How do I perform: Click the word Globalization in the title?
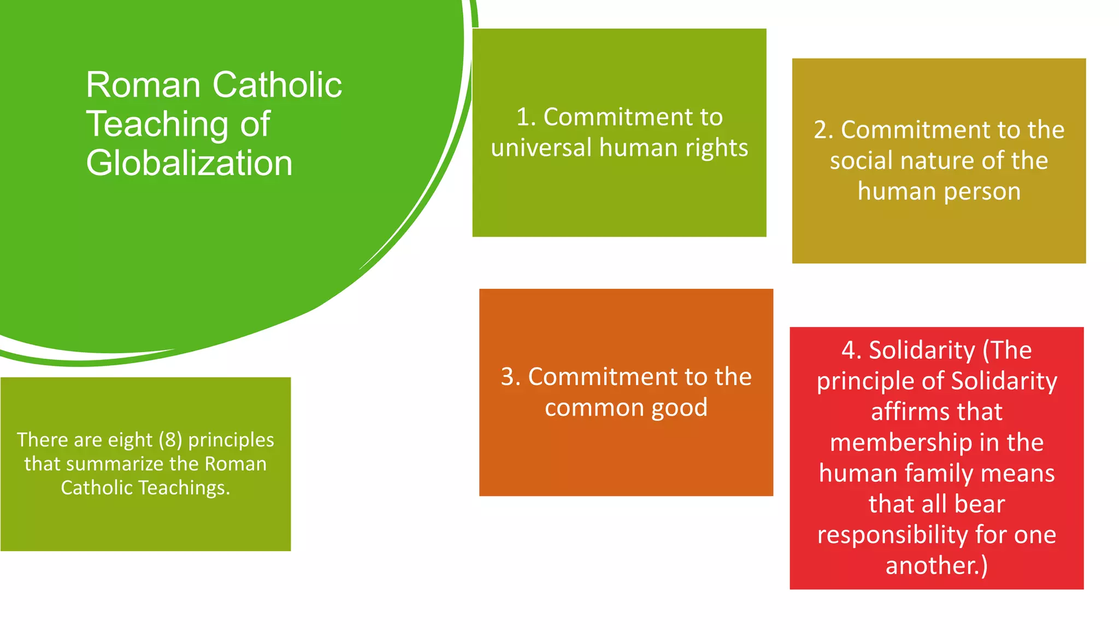pyautogui.click(x=189, y=164)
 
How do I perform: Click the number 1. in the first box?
pyautogui.click(x=526, y=117)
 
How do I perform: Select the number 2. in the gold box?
pyautogui.click(x=823, y=130)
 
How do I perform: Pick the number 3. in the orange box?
pyautogui.click(x=511, y=377)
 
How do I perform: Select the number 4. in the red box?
pyautogui.click(x=851, y=350)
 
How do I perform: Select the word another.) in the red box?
pyautogui.click(x=937, y=565)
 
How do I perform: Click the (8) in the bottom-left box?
pyautogui.click(x=170, y=440)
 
